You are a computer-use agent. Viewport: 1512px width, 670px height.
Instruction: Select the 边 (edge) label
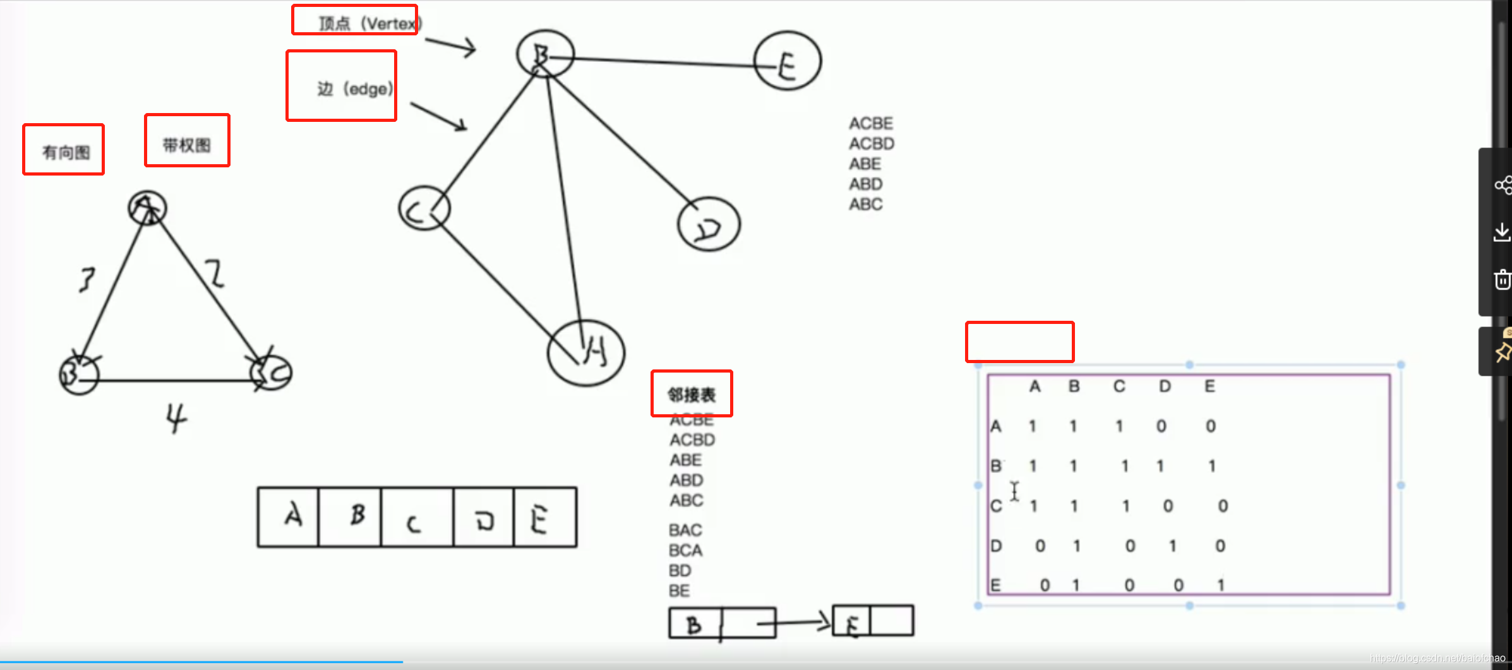(x=354, y=88)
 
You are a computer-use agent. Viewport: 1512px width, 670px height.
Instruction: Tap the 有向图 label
(x=66, y=152)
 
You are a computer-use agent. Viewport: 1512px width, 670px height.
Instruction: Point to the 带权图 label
(x=186, y=145)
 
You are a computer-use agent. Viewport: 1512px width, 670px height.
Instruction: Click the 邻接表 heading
(x=692, y=395)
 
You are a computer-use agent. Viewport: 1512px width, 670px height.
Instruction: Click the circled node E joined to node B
(x=787, y=61)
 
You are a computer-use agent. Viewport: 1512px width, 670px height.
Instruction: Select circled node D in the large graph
(x=709, y=224)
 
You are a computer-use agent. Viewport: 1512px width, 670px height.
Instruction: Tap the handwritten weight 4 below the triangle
(x=176, y=417)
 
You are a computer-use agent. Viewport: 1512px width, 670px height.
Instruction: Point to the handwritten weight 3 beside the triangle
(x=87, y=279)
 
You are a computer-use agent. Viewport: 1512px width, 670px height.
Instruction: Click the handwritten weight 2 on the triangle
(x=215, y=273)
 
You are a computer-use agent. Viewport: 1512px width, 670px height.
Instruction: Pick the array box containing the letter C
(x=416, y=517)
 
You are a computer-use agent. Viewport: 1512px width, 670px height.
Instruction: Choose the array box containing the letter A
(x=289, y=517)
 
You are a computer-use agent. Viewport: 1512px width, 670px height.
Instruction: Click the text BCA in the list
(x=685, y=550)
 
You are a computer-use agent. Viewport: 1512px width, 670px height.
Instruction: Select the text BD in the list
(x=680, y=570)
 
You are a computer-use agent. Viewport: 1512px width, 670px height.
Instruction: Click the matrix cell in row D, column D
(x=1172, y=546)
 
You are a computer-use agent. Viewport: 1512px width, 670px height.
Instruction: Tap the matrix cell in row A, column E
(x=1210, y=426)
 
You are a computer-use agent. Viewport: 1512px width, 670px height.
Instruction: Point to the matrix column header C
(x=1119, y=386)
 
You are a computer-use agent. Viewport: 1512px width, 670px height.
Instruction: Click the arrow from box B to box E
(x=796, y=623)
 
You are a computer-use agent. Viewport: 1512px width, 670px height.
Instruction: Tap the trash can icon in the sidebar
(x=1502, y=279)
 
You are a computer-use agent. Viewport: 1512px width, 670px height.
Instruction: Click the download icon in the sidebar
(x=1502, y=232)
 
